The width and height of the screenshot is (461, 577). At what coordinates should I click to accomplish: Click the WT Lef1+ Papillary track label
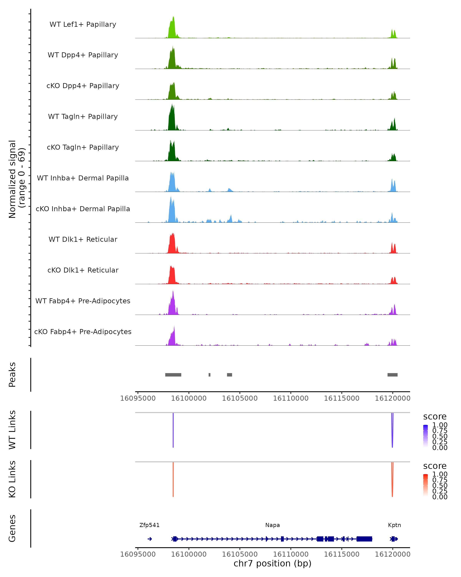coord(83,24)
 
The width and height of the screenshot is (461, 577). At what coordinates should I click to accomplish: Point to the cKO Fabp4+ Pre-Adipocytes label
coord(83,332)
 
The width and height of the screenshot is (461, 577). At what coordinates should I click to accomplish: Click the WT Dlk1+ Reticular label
coord(83,239)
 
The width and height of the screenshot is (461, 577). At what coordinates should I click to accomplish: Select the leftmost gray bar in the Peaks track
coord(173,375)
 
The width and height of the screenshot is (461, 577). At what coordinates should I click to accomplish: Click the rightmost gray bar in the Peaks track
coord(392,375)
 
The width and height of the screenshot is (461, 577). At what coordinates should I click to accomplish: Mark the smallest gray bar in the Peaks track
coord(210,375)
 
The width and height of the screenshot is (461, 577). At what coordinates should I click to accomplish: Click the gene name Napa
coord(272,525)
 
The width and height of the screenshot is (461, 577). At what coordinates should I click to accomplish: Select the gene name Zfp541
coord(149,525)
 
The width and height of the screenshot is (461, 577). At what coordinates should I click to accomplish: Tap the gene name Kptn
coord(394,525)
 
